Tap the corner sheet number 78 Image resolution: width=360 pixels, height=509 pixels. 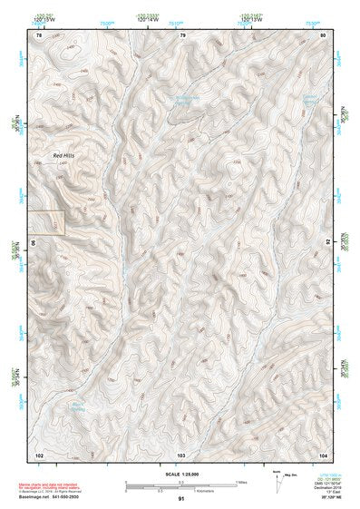click(39, 35)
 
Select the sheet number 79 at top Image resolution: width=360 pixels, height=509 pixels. click(182, 35)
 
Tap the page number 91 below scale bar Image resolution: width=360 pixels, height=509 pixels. click(181, 499)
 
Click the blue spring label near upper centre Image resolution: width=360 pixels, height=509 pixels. click(186, 102)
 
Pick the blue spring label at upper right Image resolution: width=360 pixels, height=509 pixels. click(309, 100)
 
